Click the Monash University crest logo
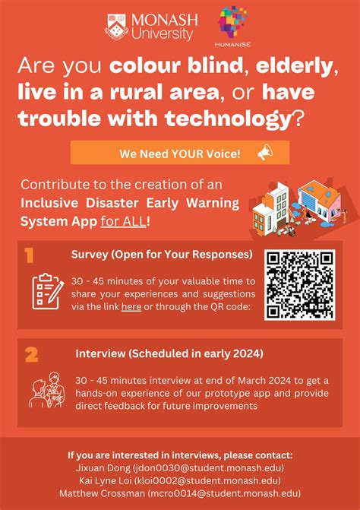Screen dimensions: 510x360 pos(118,25)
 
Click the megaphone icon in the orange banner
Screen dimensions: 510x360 pos(264,153)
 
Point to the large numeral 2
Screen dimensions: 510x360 pos(32,353)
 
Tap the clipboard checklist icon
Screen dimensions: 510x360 pos(46,290)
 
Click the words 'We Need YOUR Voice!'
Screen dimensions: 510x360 pos(179,153)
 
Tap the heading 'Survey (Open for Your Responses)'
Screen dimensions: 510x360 pos(162,254)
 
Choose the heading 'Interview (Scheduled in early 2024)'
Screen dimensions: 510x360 pos(169,353)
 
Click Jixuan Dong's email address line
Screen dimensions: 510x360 pos(180,468)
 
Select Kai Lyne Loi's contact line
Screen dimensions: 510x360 pos(180,480)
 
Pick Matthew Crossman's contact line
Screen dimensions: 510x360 pos(180,493)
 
